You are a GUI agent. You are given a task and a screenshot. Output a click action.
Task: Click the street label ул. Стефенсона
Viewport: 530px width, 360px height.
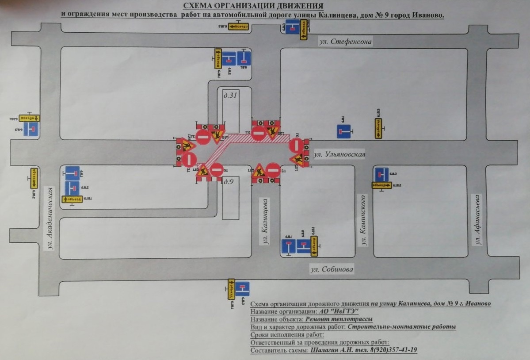pyautogui.click(x=346, y=42)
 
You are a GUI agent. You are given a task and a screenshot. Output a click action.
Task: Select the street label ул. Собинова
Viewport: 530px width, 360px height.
pyautogui.click(x=332, y=269)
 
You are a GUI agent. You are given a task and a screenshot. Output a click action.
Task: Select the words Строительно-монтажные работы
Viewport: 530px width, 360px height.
pyautogui.click(x=401, y=327)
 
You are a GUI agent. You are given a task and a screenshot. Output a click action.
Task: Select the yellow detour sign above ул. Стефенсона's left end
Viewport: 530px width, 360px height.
pyautogui.click(x=239, y=27)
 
